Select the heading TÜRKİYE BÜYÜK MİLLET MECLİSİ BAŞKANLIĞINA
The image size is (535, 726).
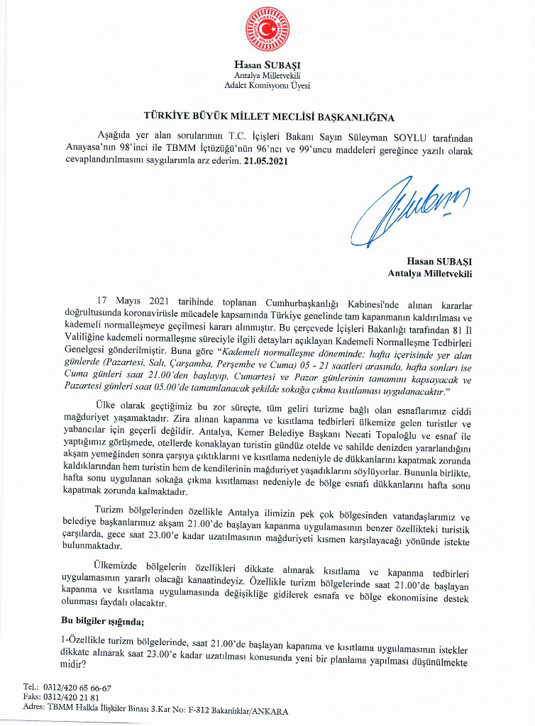point(268,116)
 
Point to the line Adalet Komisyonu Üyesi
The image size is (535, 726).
point(267,85)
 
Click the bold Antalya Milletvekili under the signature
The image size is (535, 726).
point(430,272)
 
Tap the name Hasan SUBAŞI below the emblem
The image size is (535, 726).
point(267,65)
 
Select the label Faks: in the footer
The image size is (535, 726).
point(33,698)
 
